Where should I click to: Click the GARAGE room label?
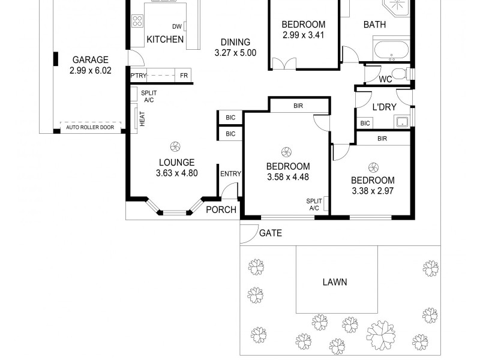(x=90, y=59)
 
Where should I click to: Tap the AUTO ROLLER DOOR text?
(x=90, y=127)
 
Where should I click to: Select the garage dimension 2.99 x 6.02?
(x=90, y=70)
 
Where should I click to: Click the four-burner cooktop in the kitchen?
(x=137, y=23)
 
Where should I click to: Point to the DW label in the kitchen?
(x=176, y=26)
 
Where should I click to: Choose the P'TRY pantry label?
(x=138, y=76)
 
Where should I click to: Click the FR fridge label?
(x=184, y=76)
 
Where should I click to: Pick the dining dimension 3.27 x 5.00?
(x=235, y=53)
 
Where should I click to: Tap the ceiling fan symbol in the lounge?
(x=176, y=145)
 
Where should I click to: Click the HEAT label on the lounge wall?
(x=142, y=119)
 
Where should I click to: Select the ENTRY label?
(x=230, y=174)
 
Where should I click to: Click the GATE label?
(x=271, y=233)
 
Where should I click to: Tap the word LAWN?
(x=335, y=282)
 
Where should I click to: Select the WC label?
(x=385, y=79)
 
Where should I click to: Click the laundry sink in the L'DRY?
(x=400, y=122)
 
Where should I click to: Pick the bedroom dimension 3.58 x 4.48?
(x=288, y=177)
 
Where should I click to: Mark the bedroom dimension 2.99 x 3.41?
(x=304, y=35)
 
